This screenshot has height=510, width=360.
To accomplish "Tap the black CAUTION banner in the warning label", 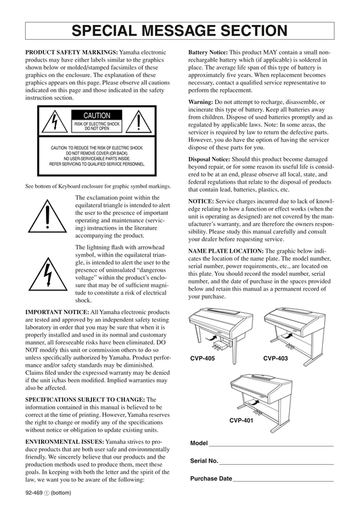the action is point(97,115).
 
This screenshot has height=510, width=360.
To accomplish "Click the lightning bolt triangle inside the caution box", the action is point(55,122).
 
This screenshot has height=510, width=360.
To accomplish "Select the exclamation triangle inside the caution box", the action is point(139,122).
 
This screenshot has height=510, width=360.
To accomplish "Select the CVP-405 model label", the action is point(203,359).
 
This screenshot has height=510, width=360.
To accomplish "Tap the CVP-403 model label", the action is point(276,359).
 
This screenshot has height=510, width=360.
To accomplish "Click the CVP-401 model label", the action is point(241,420).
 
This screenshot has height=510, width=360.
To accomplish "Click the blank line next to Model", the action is point(272,446).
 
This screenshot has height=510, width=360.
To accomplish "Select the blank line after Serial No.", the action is point(276,464).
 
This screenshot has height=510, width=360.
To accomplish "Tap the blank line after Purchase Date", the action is point(283,481).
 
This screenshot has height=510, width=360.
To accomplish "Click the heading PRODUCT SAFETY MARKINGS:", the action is point(72,53).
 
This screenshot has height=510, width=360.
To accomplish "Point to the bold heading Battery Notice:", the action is point(208,53).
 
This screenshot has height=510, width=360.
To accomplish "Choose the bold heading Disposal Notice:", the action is point(209,159).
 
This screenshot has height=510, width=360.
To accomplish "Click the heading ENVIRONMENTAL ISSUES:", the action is point(65,442).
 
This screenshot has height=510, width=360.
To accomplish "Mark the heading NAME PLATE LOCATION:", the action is point(226,251).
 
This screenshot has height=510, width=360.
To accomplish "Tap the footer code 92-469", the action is point(34,492).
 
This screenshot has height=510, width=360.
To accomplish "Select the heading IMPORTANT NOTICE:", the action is point(57,312).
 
